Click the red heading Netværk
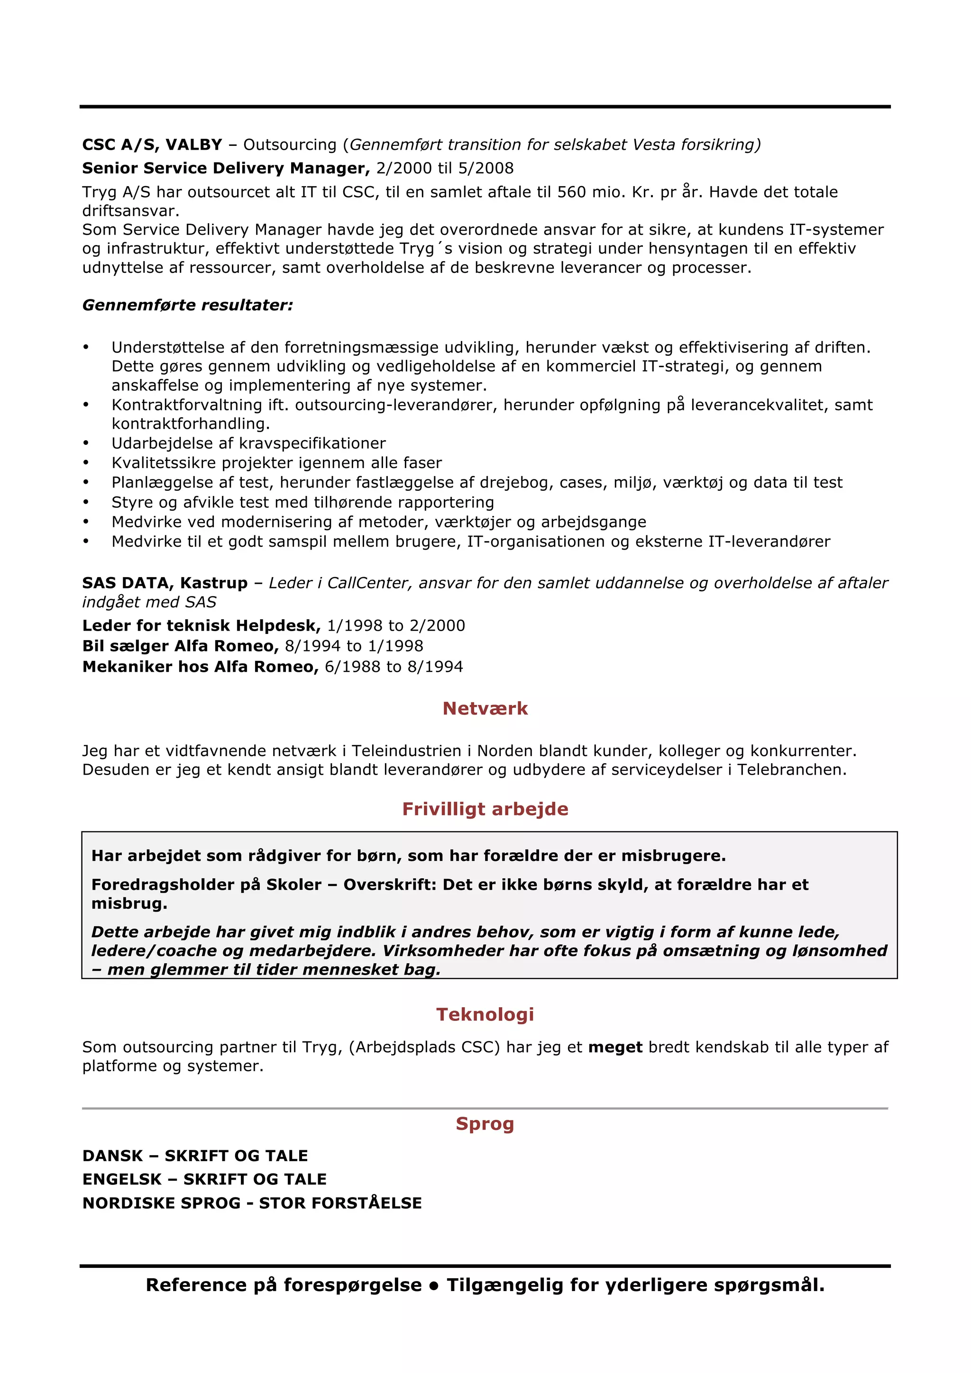485,709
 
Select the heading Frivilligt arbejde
485,809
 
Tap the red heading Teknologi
485,1014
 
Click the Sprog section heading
485,1124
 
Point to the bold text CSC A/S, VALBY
152,145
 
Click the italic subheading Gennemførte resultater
187,305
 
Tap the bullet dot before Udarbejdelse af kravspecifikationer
86,444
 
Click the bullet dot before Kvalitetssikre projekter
86,463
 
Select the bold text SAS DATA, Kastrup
165,583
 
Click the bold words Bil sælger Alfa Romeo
180,646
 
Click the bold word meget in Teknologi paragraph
615,1047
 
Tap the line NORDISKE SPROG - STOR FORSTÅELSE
252,1203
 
